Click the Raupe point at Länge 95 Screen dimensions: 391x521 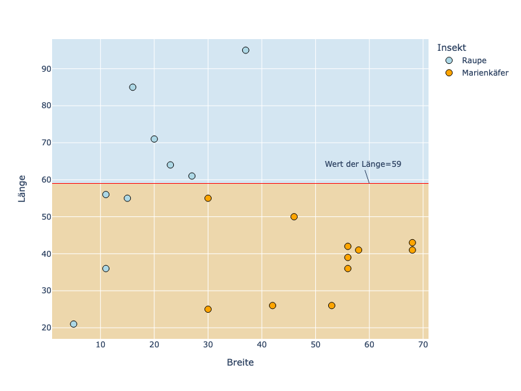246,50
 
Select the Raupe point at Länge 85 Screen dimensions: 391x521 133,87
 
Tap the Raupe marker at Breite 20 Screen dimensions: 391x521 154,139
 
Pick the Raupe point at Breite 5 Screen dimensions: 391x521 74,324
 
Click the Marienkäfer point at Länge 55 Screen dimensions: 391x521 208,198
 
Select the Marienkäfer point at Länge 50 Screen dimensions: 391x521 294,216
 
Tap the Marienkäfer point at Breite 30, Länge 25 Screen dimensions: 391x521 208,309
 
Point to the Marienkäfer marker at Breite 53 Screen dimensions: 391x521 331,306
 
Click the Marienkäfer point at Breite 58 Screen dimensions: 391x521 358,250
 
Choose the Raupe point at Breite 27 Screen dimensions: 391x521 191,176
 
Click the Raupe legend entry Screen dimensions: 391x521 473,61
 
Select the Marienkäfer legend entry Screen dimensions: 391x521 485,73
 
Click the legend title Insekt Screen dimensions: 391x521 451,48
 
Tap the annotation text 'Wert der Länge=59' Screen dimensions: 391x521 363,164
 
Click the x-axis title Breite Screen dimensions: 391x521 240,362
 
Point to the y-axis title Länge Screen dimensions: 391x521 21,188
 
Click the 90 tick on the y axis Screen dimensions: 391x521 38,68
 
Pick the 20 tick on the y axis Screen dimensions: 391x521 38,328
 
